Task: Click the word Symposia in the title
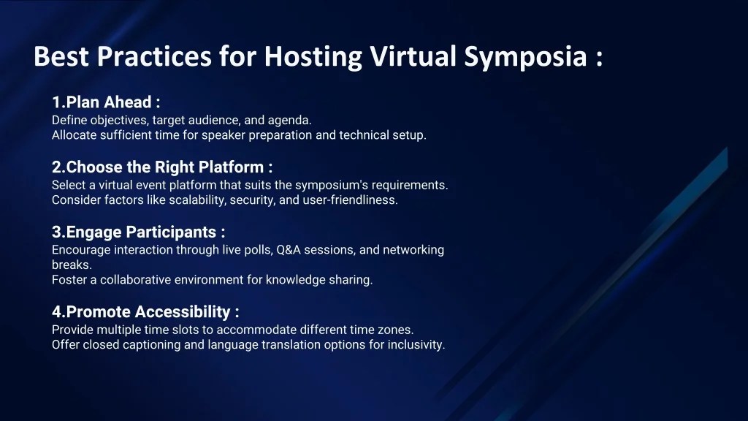(x=524, y=56)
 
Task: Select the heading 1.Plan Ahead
(x=106, y=102)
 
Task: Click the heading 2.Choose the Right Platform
(x=162, y=167)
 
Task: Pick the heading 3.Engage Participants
(x=138, y=232)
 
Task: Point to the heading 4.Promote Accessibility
(x=145, y=312)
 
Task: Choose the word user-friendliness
(x=350, y=200)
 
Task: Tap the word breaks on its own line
(x=71, y=265)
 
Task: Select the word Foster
(x=68, y=280)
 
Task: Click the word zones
(x=398, y=330)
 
